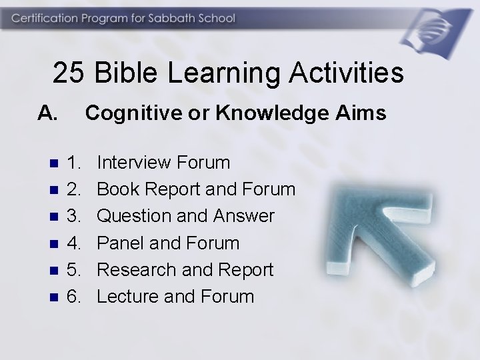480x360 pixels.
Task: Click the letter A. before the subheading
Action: [x=48, y=114]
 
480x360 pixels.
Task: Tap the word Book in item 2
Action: [x=119, y=189]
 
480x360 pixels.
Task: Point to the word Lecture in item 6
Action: [x=128, y=296]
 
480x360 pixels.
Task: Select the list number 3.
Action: [x=74, y=216]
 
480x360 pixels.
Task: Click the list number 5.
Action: [x=74, y=269]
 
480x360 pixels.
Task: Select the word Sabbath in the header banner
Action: [x=179, y=19]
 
